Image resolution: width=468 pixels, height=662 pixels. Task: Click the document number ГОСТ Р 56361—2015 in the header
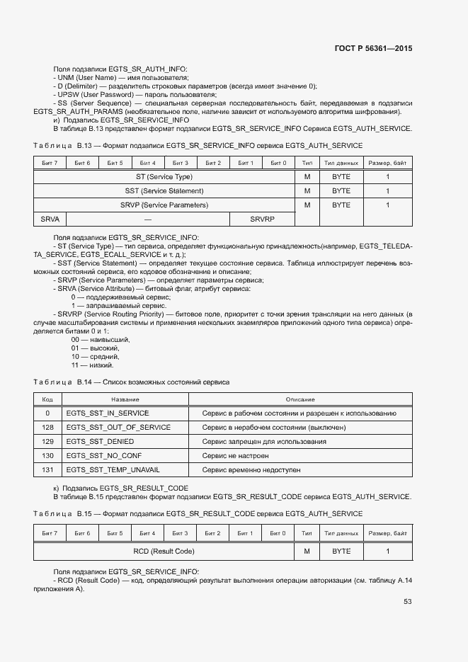(x=373, y=49)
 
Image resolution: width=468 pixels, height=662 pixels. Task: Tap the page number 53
(x=408, y=602)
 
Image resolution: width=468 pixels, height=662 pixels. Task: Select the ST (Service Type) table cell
(x=164, y=176)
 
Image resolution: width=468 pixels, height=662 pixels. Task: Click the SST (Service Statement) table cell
(x=164, y=190)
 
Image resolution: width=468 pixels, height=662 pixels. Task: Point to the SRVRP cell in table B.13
(x=261, y=219)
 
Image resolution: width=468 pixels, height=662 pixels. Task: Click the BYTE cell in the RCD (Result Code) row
(x=341, y=551)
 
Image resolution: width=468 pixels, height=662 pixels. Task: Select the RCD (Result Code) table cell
(x=164, y=551)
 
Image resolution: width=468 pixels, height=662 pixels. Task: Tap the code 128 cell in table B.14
(x=47, y=428)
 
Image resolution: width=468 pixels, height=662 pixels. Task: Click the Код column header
(x=47, y=400)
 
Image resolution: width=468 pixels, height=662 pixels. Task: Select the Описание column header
(x=300, y=400)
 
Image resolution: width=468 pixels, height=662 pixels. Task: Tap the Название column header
(x=125, y=400)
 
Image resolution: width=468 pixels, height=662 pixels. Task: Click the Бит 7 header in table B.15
(x=50, y=533)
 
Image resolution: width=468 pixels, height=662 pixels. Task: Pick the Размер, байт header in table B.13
(x=387, y=163)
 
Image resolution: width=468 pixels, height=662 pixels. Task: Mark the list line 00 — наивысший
(x=101, y=340)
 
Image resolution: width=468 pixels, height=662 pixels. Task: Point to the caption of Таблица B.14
(x=131, y=382)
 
